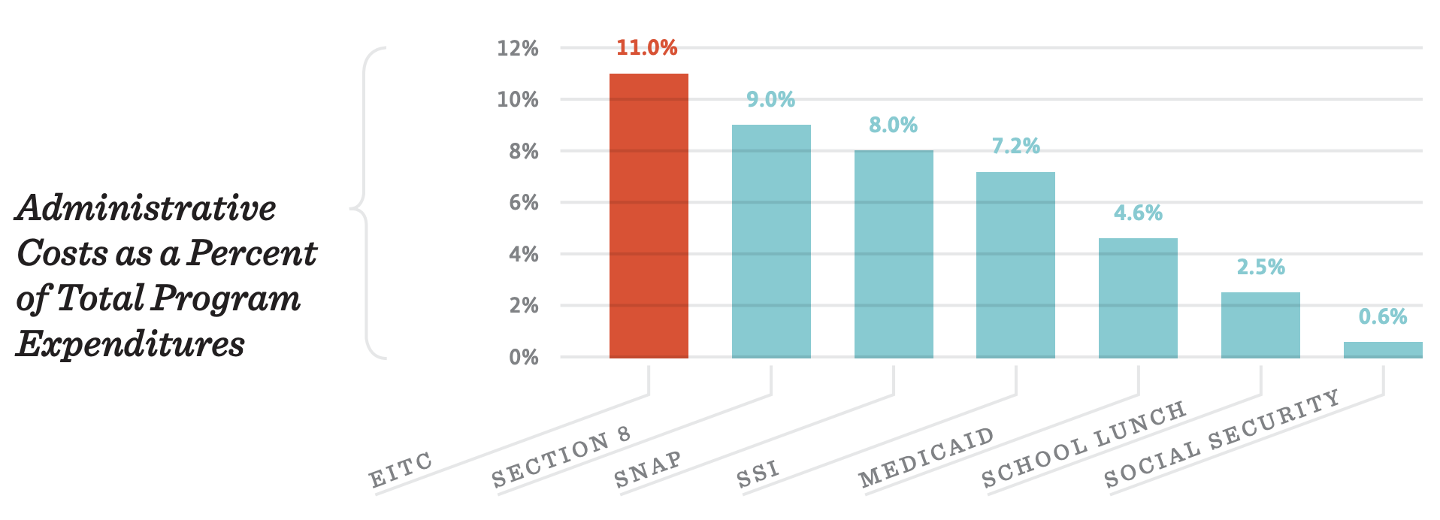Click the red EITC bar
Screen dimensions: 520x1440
point(649,216)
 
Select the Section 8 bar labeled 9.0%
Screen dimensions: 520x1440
point(771,241)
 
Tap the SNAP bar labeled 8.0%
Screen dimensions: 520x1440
point(894,254)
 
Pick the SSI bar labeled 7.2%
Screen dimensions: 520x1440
point(1015,265)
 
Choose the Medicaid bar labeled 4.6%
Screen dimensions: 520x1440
point(1138,298)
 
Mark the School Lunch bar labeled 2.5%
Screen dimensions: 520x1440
point(1260,325)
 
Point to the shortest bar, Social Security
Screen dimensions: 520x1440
point(1383,350)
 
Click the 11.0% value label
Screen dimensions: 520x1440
point(647,48)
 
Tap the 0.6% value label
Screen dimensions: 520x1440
point(1383,317)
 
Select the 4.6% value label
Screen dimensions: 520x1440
point(1138,213)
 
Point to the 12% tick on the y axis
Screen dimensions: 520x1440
point(518,49)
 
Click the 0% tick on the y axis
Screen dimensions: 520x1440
point(524,358)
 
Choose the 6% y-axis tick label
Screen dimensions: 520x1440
point(524,203)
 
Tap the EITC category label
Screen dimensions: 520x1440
point(401,470)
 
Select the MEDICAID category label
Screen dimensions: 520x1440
point(926,458)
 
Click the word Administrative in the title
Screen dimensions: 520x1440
point(146,208)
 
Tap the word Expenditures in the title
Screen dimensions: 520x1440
point(131,344)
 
